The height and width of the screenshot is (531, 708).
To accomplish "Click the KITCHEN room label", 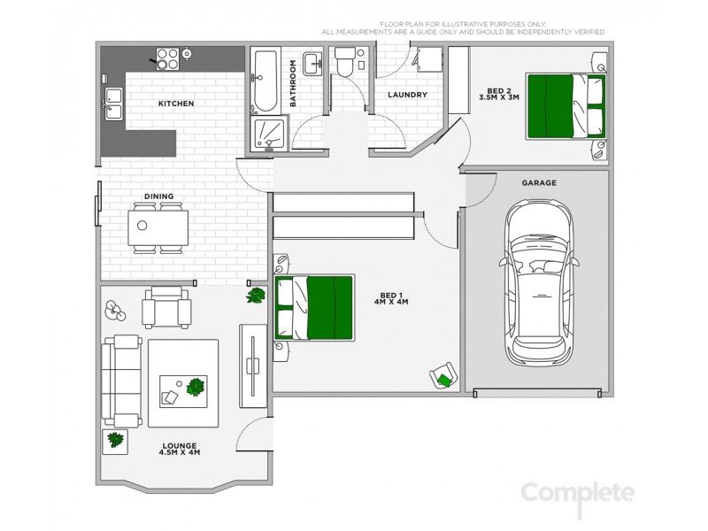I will point(175,104).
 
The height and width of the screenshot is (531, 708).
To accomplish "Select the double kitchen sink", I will point(114,104).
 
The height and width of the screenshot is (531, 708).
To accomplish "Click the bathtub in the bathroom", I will point(265,81).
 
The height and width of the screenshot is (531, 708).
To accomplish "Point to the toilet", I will point(345,64).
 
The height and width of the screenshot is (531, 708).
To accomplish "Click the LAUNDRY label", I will point(407,95).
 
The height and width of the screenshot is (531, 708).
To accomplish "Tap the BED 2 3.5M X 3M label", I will point(500,94).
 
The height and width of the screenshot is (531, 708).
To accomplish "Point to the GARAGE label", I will point(538,183).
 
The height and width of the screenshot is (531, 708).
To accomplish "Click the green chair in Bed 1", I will point(442,377).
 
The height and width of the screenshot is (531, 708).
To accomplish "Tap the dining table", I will point(158,229).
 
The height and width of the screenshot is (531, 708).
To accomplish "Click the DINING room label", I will point(158,196).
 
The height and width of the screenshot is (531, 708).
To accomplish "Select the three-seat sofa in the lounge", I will point(120,380).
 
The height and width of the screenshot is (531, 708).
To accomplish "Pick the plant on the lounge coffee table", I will point(196,387).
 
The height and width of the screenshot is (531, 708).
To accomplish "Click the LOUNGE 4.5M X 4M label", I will point(180,449).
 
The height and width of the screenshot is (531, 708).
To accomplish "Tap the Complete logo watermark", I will point(577,493).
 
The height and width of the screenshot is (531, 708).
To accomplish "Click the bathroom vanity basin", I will point(311,64).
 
